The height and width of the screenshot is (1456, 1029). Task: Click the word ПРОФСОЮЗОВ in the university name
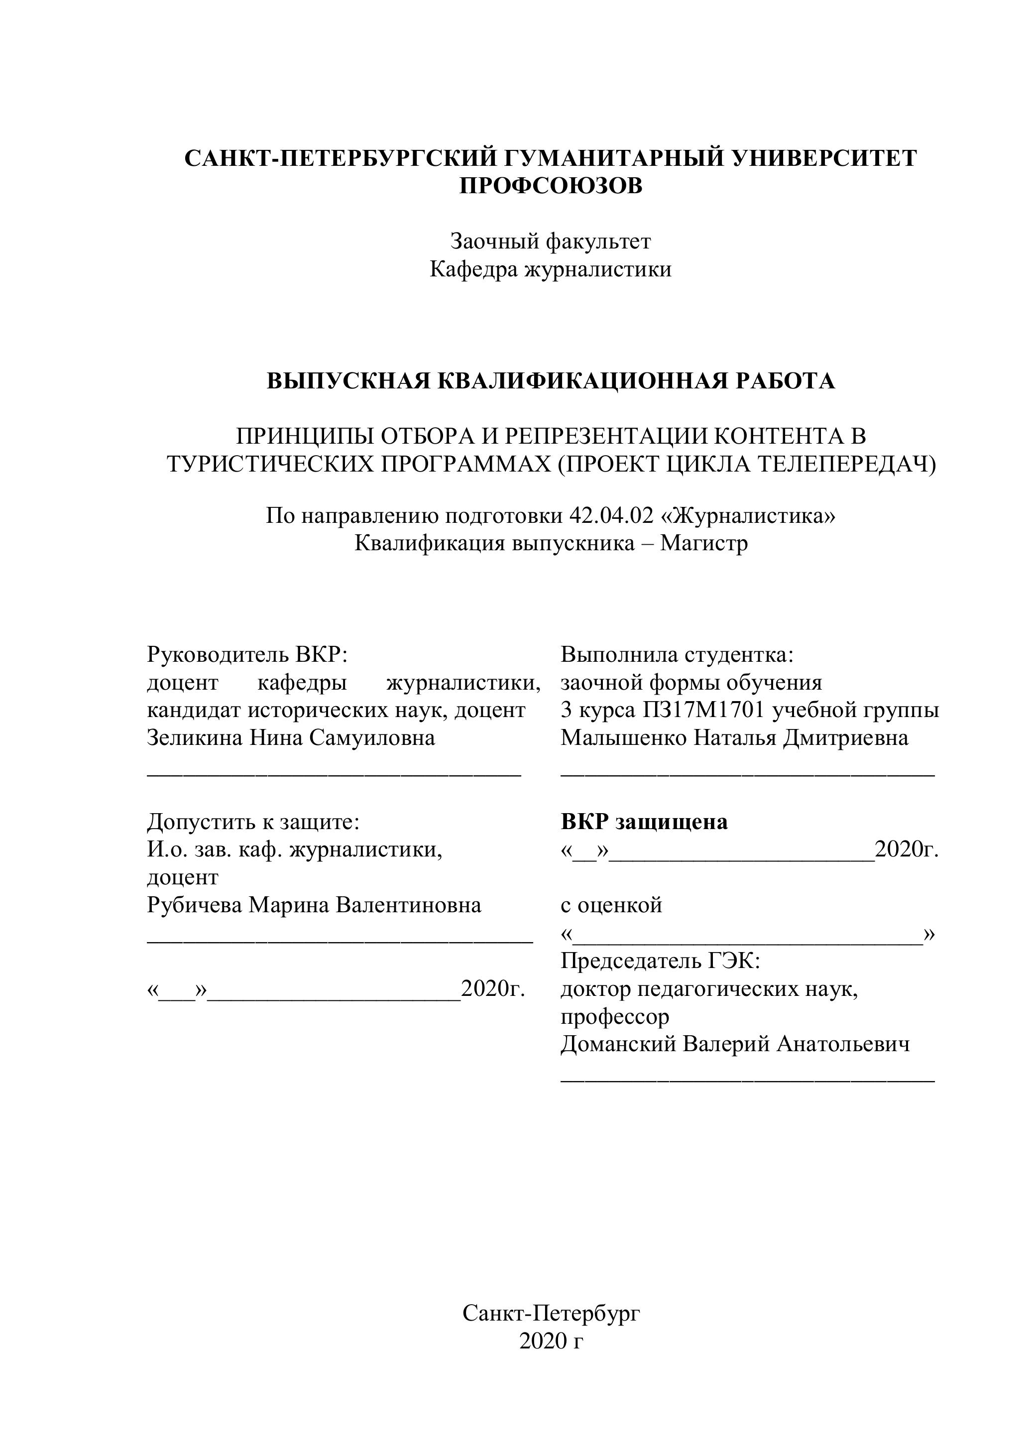[550, 186]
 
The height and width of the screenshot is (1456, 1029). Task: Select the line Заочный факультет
[550, 242]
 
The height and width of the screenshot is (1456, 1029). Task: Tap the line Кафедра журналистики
[550, 269]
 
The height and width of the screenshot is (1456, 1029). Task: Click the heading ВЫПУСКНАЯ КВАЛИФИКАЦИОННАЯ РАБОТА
[550, 381]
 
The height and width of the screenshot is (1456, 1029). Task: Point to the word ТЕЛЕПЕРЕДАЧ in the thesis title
[846, 464]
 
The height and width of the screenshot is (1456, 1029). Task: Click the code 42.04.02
[611, 515]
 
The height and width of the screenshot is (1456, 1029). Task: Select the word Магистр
[704, 543]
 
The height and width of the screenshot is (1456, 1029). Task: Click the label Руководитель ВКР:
[248, 654]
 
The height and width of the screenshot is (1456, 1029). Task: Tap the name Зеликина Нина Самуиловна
[291, 737]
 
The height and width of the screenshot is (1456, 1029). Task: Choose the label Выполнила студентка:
[677, 654]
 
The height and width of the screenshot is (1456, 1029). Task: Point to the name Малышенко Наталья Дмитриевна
[734, 737]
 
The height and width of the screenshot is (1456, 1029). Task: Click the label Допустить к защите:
[253, 822]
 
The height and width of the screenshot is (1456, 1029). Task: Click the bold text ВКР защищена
[644, 822]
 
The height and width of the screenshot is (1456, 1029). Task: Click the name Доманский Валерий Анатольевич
[735, 1044]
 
